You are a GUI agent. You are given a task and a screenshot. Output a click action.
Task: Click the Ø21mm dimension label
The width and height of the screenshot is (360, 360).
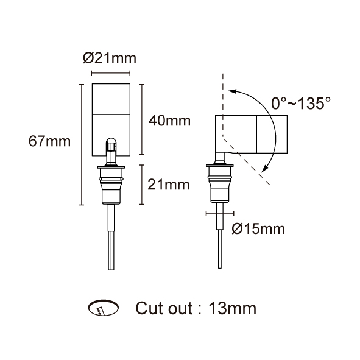click(110, 58)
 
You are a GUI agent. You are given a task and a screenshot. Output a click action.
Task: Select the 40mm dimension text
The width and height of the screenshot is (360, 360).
click(170, 121)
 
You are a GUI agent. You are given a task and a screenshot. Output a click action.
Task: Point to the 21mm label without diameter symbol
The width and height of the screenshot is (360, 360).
click(169, 185)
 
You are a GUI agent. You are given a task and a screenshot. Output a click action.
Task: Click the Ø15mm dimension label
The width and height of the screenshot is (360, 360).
click(258, 229)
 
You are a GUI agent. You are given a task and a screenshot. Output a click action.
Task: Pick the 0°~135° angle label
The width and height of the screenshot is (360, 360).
click(301, 103)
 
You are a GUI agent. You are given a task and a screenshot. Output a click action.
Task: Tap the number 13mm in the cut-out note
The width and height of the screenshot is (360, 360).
click(232, 308)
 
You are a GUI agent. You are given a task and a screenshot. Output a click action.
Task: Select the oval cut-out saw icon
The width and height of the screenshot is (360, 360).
click(104, 308)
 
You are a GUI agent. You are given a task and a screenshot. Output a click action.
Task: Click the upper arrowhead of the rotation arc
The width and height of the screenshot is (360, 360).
click(232, 91)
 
